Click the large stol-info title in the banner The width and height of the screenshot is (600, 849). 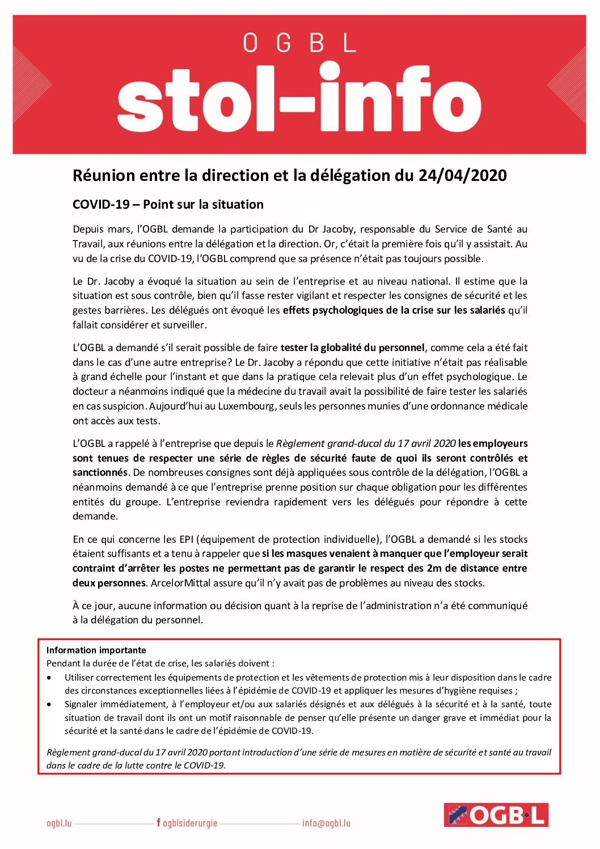(299, 98)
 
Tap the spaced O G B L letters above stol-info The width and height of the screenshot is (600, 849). (299, 43)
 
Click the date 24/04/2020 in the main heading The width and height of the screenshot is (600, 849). (462, 176)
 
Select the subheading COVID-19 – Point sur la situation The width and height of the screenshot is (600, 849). (168, 205)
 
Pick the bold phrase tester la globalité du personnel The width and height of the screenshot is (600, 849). (352, 348)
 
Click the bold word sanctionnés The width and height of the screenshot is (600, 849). (100, 472)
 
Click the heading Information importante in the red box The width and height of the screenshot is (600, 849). (96, 651)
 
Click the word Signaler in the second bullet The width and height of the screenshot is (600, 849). (84, 704)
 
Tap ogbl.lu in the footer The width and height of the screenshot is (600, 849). (59, 823)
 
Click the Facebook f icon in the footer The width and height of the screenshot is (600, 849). (158, 822)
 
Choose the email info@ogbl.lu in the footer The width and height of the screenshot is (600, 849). (326, 823)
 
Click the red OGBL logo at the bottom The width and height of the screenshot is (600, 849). (496, 815)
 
